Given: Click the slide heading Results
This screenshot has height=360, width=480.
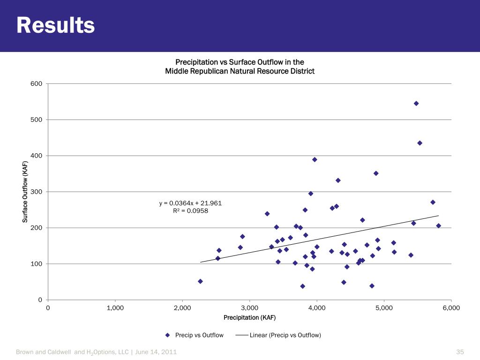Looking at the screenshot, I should click(x=55, y=25).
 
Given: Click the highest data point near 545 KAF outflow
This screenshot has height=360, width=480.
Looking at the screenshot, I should click(x=416, y=104).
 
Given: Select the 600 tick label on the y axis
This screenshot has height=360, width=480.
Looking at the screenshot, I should click(x=37, y=84).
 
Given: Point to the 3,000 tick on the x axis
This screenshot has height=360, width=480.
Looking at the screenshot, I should click(x=249, y=307).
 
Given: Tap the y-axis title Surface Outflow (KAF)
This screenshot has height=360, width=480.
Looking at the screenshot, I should click(x=25, y=192).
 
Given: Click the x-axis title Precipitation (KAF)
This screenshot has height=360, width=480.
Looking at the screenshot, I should click(x=249, y=318).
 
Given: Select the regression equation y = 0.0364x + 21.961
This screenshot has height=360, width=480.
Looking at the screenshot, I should click(x=190, y=203).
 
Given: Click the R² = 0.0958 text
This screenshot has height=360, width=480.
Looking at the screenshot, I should click(x=190, y=211).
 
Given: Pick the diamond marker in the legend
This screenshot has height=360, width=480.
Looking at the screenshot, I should click(x=167, y=335).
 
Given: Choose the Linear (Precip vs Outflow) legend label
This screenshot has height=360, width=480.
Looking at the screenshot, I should click(x=285, y=335).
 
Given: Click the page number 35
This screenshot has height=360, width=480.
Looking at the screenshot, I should click(x=460, y=352).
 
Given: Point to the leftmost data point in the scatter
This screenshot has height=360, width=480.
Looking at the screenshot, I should click(x=200, y=281).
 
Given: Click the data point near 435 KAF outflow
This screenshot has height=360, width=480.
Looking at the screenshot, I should click(x=420, y=143).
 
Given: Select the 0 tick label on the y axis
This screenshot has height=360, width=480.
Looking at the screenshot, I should click(x=40, y=300).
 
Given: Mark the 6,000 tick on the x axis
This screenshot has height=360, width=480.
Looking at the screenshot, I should click(x=451, y=307).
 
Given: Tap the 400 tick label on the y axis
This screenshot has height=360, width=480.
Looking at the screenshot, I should click(x=37, y=156).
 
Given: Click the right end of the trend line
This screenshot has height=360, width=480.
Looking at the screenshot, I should click(x=438, y=216).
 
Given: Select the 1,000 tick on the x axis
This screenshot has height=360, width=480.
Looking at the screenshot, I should click(x=115, y=307).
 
